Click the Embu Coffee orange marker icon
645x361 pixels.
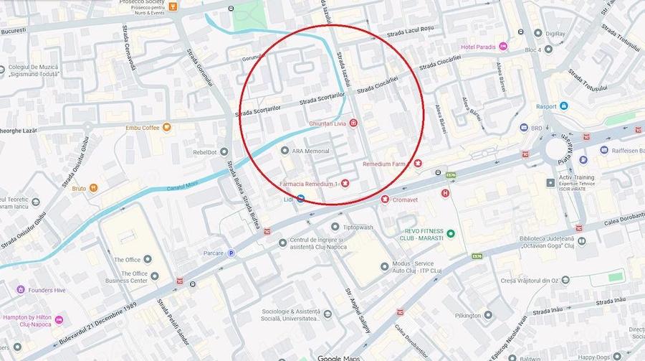coord(167,128)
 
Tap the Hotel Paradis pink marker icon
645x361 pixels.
coord(503,47)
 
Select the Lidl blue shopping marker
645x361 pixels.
coord(301,198)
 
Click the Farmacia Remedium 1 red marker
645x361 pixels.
coord(345,184)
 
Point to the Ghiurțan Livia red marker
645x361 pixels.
coord(353,123)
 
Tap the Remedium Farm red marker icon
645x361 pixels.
coord(417,164)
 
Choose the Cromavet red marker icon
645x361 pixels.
coord(385,200)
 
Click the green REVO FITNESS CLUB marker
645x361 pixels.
coord(450,233)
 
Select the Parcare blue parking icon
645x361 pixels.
coord(231,253)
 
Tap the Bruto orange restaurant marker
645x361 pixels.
coord(93,188)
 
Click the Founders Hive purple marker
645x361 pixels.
coord(21,290)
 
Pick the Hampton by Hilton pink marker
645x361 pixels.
coord(59,319)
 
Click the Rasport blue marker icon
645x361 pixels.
coord(564,106)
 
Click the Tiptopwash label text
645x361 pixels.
coord(358,228)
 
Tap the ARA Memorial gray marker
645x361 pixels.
coord(285,151)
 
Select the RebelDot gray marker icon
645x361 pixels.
coord(224,151)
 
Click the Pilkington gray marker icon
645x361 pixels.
coord(488,315)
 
